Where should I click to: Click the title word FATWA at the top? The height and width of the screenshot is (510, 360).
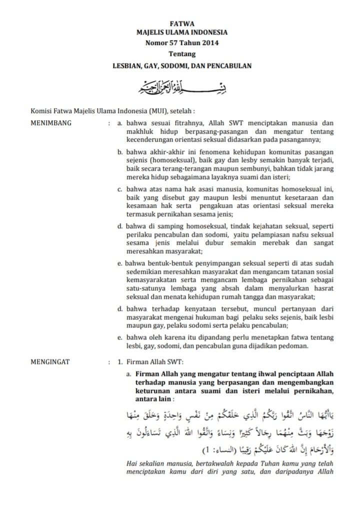click(x=181, y=23)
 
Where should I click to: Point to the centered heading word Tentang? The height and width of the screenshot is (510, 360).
click(x=181, y=54)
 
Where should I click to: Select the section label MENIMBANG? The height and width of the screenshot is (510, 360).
click(x=51, y=122)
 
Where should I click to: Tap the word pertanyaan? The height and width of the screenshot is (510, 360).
click(x=286, y=308)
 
